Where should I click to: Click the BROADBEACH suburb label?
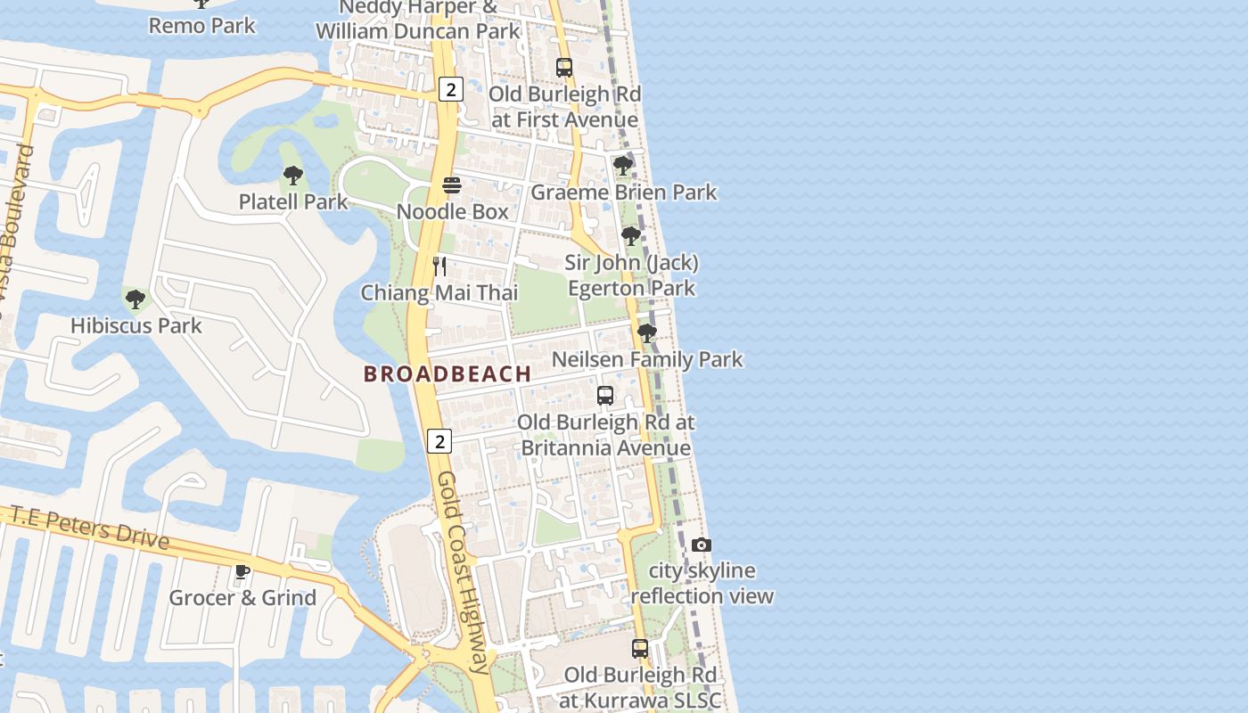coord(447,374)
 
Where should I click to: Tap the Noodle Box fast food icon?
coord(452,185)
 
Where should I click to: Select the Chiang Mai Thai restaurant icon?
coord(439,266)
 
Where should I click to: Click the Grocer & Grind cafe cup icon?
coord(242,571)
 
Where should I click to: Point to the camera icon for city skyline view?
coord(702,545)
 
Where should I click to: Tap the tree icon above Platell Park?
coord(292,176)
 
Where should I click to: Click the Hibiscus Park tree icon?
coord(135,299)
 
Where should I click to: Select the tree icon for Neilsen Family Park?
coord(647,333)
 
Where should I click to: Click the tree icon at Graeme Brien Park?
coord(623,166)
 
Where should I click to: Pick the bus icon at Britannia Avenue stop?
coord(605,395)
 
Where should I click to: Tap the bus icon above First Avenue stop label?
coord(564,67)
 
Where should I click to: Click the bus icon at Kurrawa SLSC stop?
coord(640,648)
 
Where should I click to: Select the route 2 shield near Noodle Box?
coord(452,89)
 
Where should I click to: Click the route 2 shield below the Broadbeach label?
coord(439,441)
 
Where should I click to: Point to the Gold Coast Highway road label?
coord(464,570)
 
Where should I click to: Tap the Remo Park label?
coord(202,25)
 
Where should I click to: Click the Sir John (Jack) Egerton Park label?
coord(631,275)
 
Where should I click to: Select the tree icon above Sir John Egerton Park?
coord(631,236)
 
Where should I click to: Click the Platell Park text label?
coord(293,202)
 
